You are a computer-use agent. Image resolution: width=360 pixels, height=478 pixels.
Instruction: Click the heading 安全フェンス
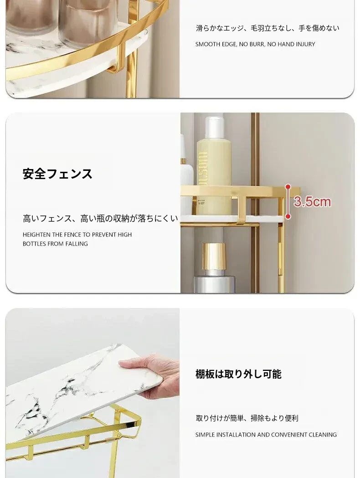[x=57, y=174]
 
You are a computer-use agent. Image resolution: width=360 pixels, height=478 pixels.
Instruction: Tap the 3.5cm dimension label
[x=312, y=202]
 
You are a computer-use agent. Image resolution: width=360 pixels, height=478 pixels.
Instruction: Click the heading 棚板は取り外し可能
[x=238, y=374]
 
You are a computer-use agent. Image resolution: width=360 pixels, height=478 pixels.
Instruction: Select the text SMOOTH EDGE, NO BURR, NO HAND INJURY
[x=255, y=44]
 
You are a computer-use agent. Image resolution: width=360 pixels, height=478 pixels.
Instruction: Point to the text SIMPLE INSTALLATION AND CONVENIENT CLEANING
[x=266, y=434]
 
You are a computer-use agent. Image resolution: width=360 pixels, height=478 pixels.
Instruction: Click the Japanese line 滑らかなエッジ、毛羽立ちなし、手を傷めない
[x=267, y=28]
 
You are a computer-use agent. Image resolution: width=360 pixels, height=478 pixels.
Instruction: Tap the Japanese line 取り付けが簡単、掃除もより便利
[x=247, y=418]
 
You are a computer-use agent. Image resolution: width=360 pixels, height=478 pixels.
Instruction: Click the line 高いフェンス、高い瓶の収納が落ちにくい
[x=100, y=218]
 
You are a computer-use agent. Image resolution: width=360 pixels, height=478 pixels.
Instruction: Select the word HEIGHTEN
[x=36, y=235]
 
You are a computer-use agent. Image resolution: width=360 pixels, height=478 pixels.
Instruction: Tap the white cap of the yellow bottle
[x=215, y=127]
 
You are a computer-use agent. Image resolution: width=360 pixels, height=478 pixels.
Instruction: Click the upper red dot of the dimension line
[x=288, y=186]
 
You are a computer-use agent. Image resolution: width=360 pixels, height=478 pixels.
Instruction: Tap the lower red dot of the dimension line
[x=288, y=216]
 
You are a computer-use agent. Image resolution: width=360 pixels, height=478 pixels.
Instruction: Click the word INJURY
[x=306, y=44]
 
